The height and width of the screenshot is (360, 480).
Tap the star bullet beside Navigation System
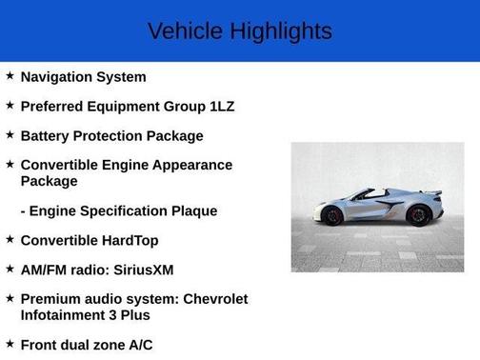point(10,76)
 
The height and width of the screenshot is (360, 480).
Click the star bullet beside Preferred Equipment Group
point(10,106)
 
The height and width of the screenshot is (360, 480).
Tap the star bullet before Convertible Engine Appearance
point(10,165)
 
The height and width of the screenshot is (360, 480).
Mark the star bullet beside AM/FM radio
point(10,270)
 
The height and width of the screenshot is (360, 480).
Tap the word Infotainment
point(63,315)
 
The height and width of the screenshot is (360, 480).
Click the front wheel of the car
point(333,216)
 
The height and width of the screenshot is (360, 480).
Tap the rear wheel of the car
point(417,215)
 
